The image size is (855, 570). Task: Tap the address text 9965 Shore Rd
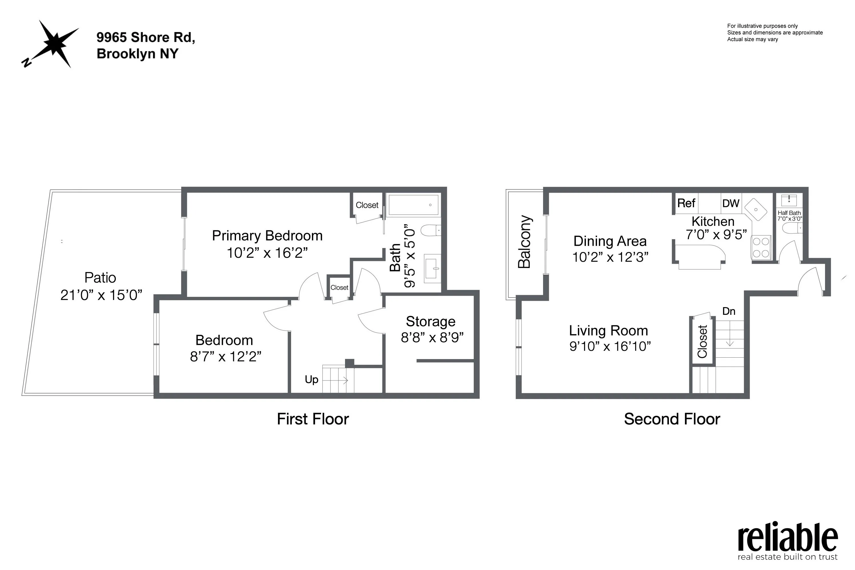click(x=145, y=37)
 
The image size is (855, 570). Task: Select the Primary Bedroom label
click(x=267, y=235)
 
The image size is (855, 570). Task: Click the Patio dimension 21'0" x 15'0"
click(x=101, y=295)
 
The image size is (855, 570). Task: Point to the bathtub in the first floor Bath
click(x=414, y=205)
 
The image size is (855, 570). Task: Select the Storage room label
click(x=431, y=321)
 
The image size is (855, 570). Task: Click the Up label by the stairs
click(x=311, y=380)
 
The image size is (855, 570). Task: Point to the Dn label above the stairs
click(x=729, y=311)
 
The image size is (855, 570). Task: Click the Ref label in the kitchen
click(x=686, y=203)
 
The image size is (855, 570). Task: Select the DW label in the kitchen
click(x=730, y=203)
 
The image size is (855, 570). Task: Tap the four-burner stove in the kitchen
click(x=761, y=247)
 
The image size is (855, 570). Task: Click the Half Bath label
click(x=789, y=213)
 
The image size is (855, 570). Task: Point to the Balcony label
click(x=524, y=242)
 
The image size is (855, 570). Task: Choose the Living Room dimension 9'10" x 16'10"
click(x=610, y=346)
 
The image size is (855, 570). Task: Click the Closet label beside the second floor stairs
click(x=702, y=341)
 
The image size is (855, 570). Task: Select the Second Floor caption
click(x=672, y=419)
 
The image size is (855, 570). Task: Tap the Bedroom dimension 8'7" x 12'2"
click(x=225, y=356)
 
